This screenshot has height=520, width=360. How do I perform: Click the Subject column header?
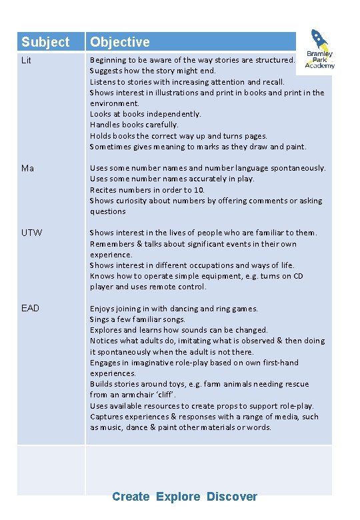pyautogui.click(x=45, y=42)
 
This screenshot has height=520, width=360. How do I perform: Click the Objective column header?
pyautogui.click(x=120, y=42)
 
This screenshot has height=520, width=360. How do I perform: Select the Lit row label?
pyautogui.click(x=27, y=60)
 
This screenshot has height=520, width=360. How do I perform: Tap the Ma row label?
pyautogui.click(x=27, y=168)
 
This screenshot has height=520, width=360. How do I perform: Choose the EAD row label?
pyautogui.click(x=31, y=308)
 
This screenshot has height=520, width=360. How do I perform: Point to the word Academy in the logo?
pyautogui.click(x=320, y=65)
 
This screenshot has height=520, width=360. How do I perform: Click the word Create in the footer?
pyautogui.click(x=131, y=497)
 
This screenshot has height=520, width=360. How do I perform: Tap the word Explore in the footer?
pyautogui.click(x=178, y=497)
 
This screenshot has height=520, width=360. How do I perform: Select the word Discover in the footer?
pyautogui.click(x=231, y=497)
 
